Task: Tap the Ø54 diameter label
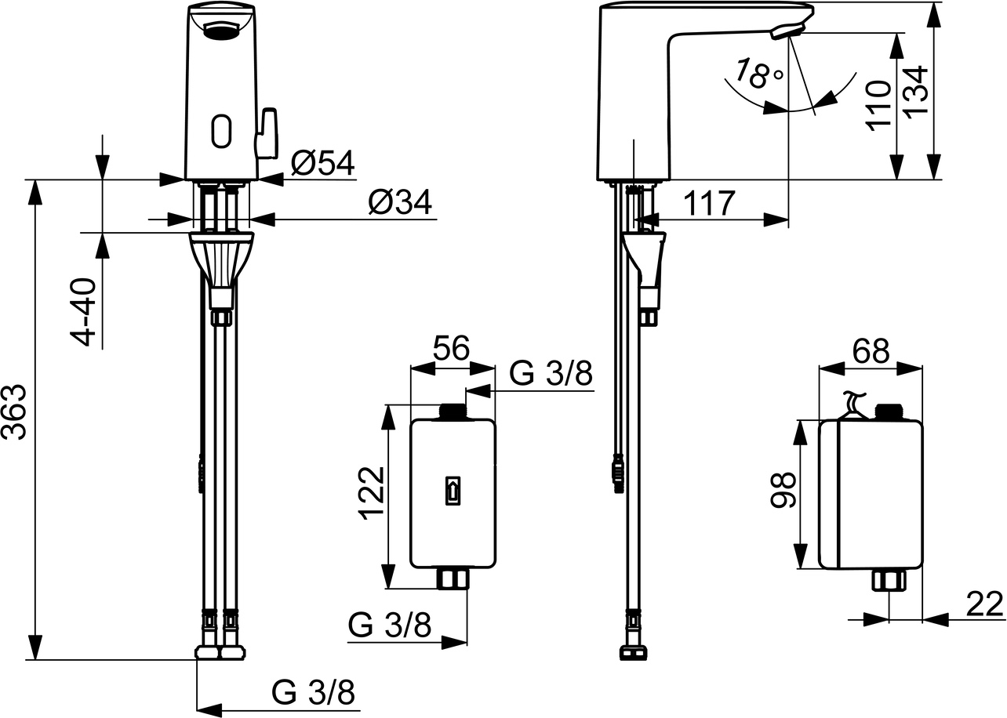322,163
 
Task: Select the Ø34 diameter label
400,204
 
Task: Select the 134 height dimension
916,90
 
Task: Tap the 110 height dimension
879,104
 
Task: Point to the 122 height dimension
371,494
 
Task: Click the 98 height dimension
782,491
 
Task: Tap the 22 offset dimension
983,604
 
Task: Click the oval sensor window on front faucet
222,131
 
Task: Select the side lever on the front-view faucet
268,133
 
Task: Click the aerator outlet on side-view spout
787,31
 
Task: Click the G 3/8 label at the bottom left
313,693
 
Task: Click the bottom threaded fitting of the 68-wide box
889,580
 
